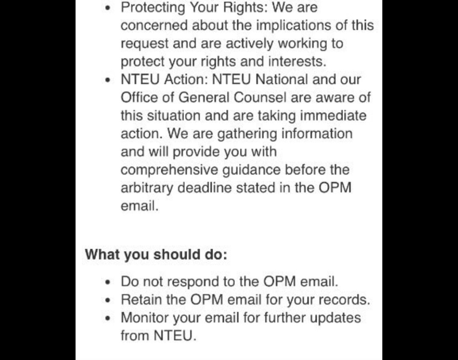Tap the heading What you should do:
[156, 254]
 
